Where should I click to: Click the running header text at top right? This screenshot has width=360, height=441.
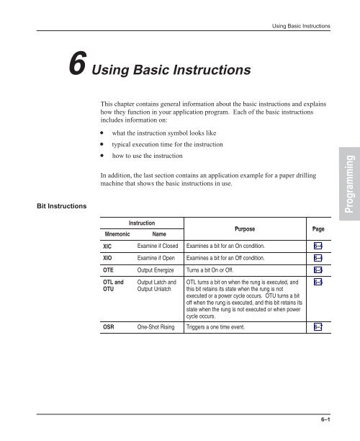(x=298, y=27)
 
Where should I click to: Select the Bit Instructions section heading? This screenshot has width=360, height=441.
(x=42, y=207)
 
